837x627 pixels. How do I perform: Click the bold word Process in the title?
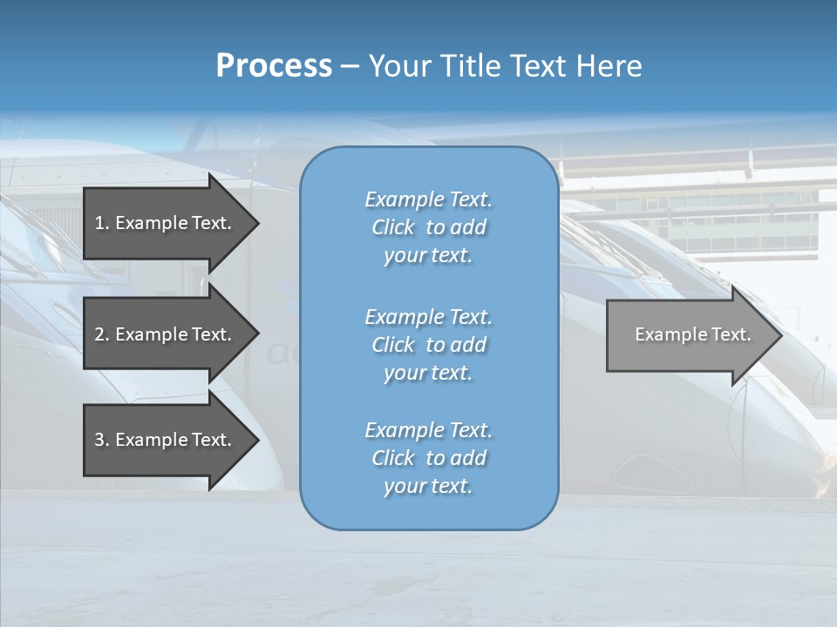pyautogui.click(x=274, y=66)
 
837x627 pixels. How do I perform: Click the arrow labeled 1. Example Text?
pyautogui.click(x=166, y=223)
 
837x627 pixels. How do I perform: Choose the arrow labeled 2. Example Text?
pyautogui.click(x=166, y=334)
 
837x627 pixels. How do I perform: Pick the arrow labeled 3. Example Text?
pyautogui.click(x=166, y=440)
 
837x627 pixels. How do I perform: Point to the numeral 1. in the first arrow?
pyautogui.click(x=102, y=223)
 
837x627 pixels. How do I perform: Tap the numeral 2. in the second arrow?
pyautogui.click(x=102, y=334)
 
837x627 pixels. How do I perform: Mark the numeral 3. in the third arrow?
pyautogui.click(x=102, y=440)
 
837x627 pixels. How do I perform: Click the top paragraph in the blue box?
pyautogui.click(x=428, y=227)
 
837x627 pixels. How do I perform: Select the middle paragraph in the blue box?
pyautogui.click(x=428, y=345)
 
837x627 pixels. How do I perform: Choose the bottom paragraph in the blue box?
pyautogui.click(x=428, y=458)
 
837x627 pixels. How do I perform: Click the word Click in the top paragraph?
pyautogui.click(x=393, y=227)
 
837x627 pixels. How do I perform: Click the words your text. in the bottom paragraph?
pyautogui.click(x=428, y=486)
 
